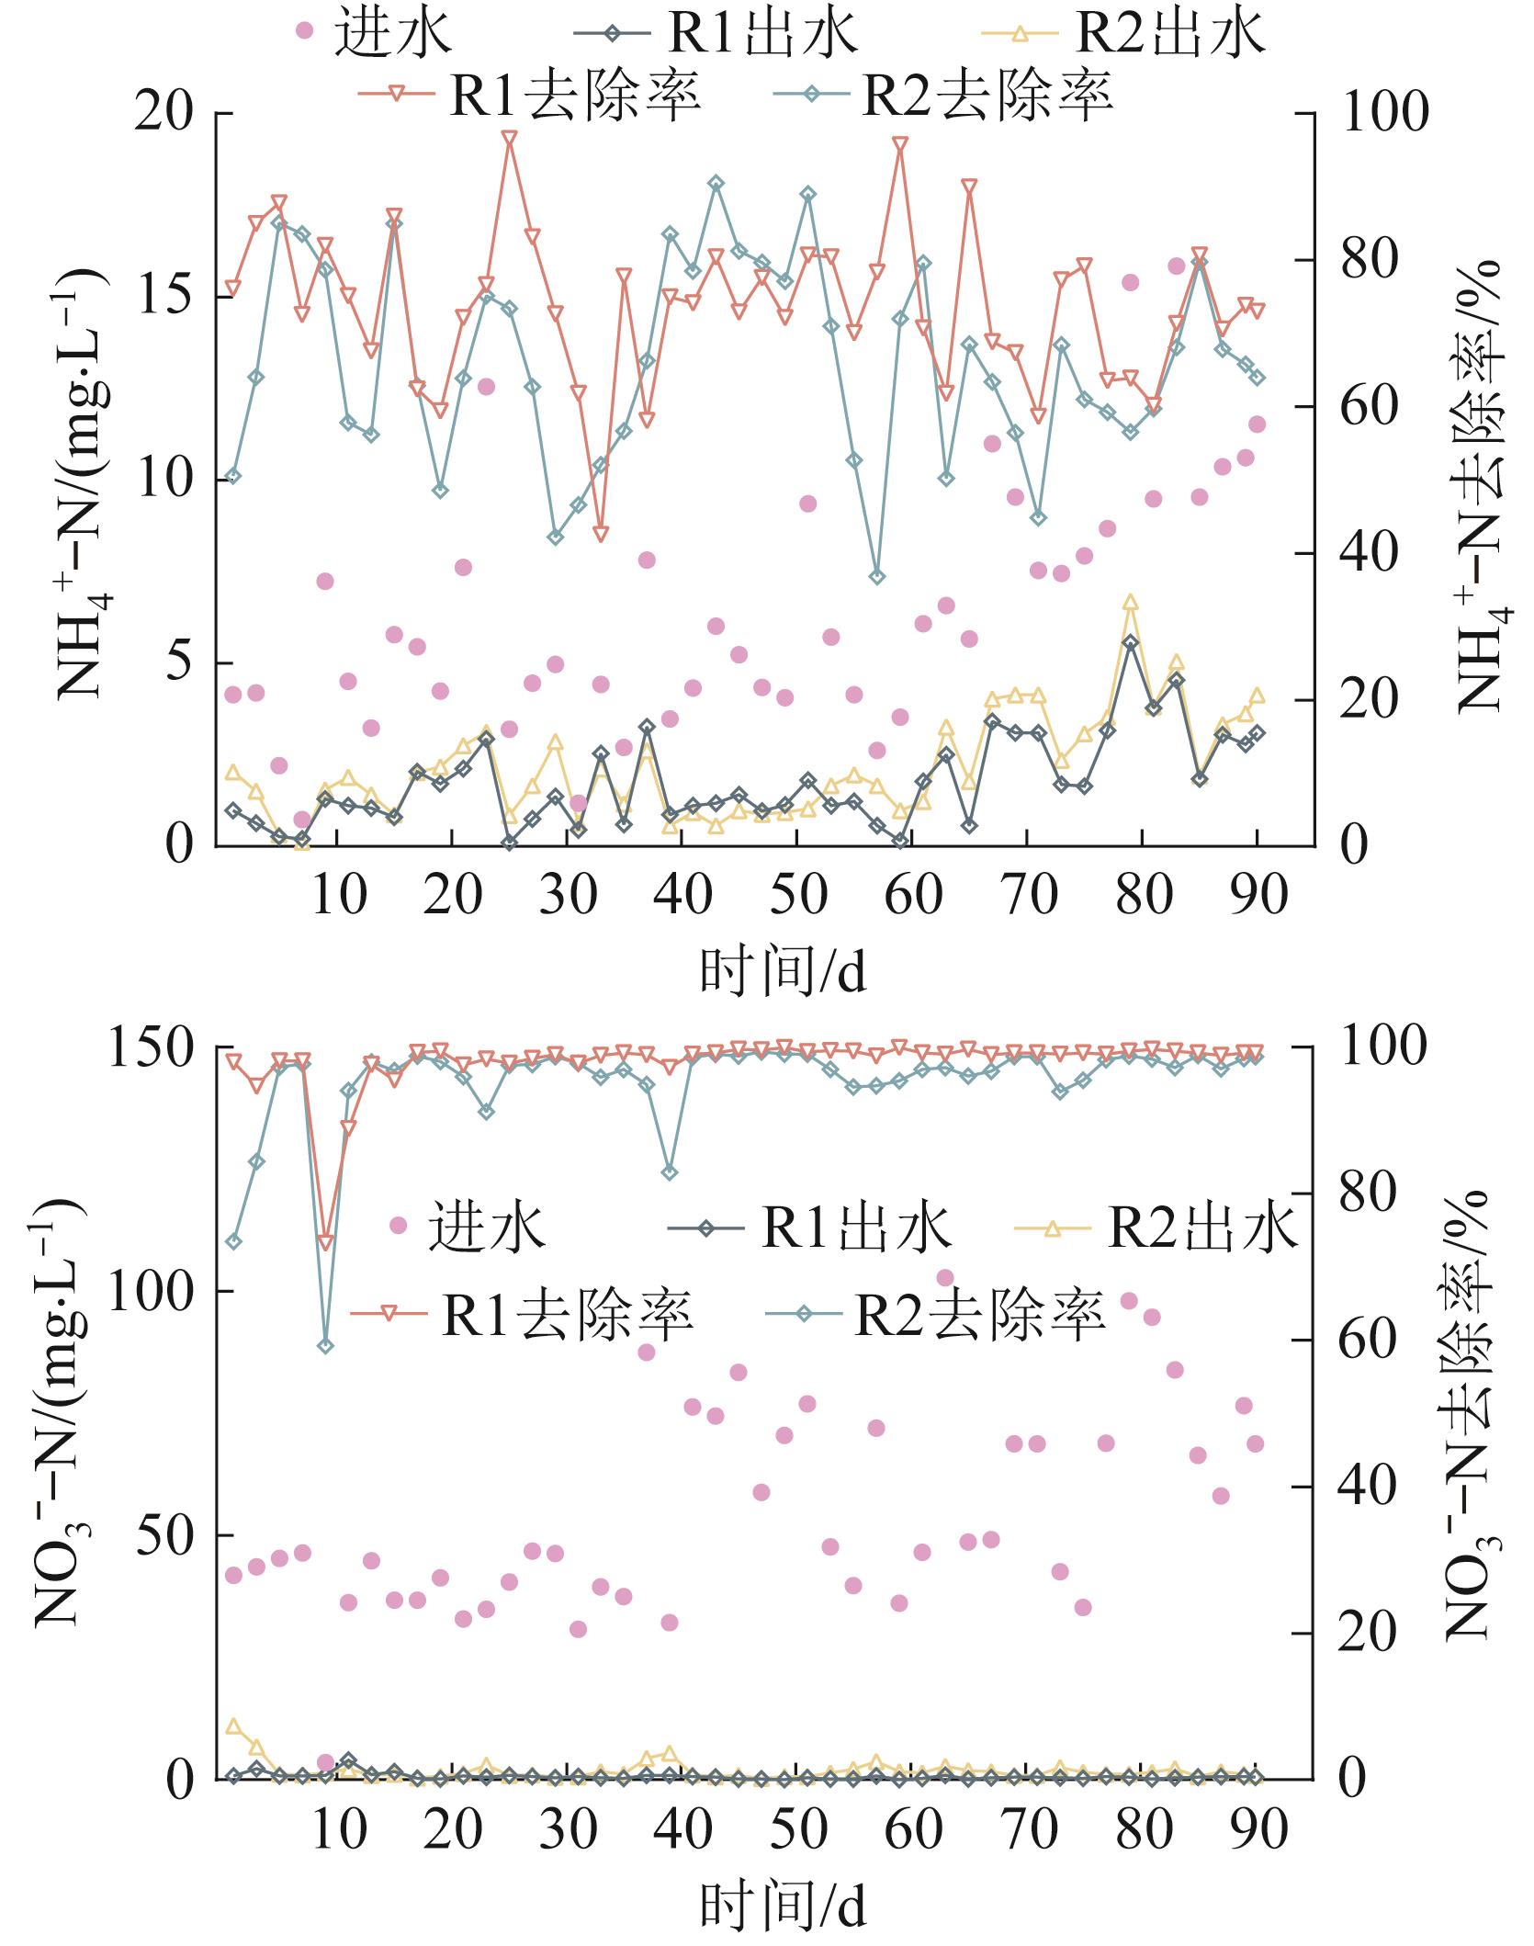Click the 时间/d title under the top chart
click(x=783, y=971)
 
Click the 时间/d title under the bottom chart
click(x=783, y=1916)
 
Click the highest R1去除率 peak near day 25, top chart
click(x=510, y=138)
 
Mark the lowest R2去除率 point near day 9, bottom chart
click(x=325, y=1346)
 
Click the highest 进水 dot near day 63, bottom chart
click(x=945, y=1277)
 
